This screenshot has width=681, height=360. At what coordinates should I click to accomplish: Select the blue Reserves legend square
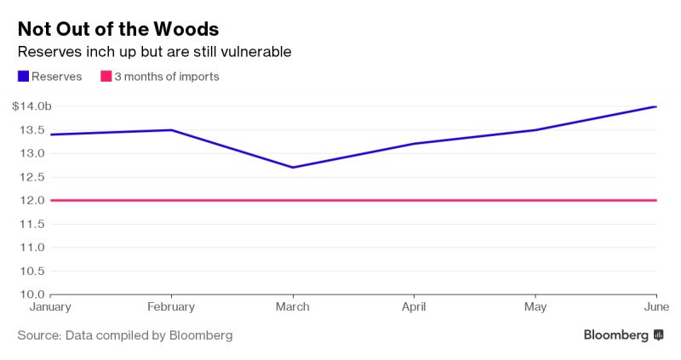click(x=23, y=77)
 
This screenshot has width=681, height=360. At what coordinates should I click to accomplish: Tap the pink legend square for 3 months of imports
click(x=106, y=77)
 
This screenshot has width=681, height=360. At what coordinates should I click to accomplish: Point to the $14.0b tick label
click(x=31, y=106)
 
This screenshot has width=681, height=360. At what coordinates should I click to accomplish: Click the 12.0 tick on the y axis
click(x=35, y=200)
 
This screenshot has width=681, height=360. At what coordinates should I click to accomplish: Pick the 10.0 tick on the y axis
click(x=35, y=294)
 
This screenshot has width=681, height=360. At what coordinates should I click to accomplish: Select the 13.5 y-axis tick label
click(x=35, y=130)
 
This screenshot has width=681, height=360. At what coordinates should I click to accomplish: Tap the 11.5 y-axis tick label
click(x=35, y=224)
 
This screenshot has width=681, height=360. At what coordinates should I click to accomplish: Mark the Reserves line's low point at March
click(x=293, y=168)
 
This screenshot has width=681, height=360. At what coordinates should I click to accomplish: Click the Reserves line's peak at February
click(x=171, y=130)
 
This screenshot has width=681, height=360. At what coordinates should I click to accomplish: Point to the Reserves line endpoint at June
click(x=655, y=106)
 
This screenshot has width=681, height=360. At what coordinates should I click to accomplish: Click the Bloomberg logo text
click(x=615, y=335)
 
